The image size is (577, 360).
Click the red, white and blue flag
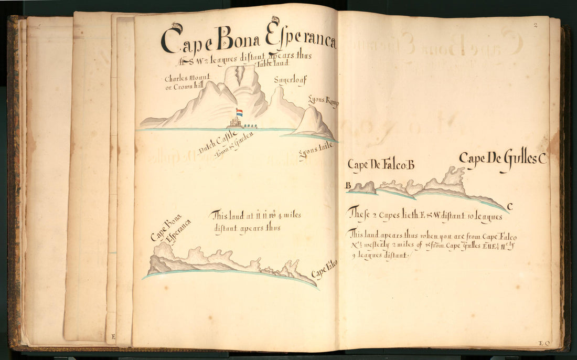point(239,112)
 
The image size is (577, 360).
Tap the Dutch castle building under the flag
point(236,123)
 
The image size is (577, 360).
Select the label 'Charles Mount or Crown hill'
point(184,82)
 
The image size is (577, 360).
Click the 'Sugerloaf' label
point(290,80)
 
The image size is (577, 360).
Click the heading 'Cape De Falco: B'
point(381,164)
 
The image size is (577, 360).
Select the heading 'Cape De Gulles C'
point(503,158)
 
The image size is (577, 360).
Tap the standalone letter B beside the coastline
point(348,185)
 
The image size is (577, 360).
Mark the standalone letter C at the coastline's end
point(509,205)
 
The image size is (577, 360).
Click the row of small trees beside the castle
point(255,125)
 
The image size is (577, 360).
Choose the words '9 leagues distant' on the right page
point(377,255)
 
